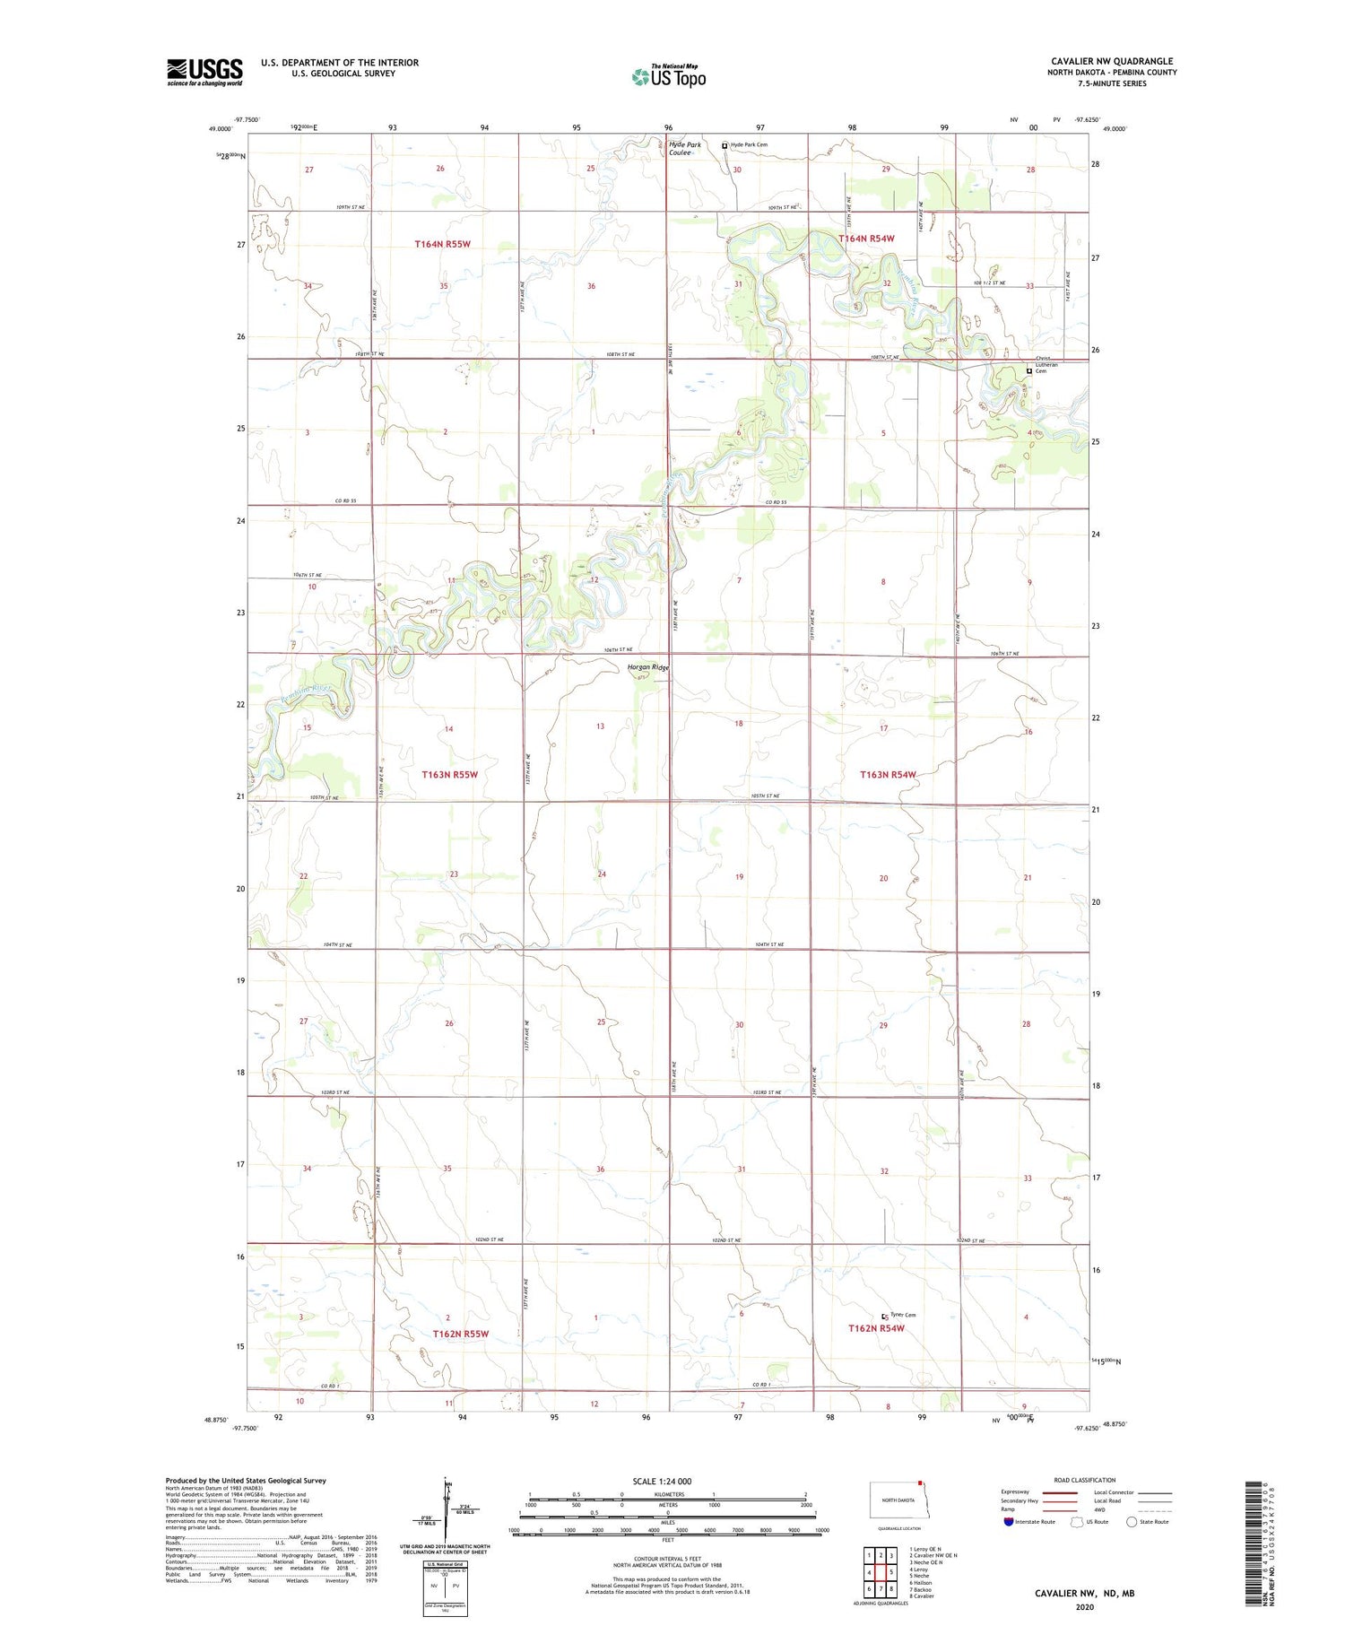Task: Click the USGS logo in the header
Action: [x=204, y=72]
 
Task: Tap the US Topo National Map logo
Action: [x=668, y=77]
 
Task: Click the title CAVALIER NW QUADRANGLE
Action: [x=1112, y=61]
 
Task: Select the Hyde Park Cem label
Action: [x=749, y=144]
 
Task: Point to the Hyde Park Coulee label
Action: [x=684, y=148]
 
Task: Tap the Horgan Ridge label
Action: [x=647, y=667]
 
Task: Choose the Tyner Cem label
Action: [x=903, y=1315]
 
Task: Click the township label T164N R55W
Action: [x=442, y=244]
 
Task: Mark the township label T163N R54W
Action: [x=888, y=774]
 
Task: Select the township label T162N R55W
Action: [x=460, y=1334]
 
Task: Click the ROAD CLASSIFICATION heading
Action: [x=1084, y=1480]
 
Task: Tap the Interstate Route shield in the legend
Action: [x=1009, y=1522]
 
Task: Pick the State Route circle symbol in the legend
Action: [x=1132, y=1522]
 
